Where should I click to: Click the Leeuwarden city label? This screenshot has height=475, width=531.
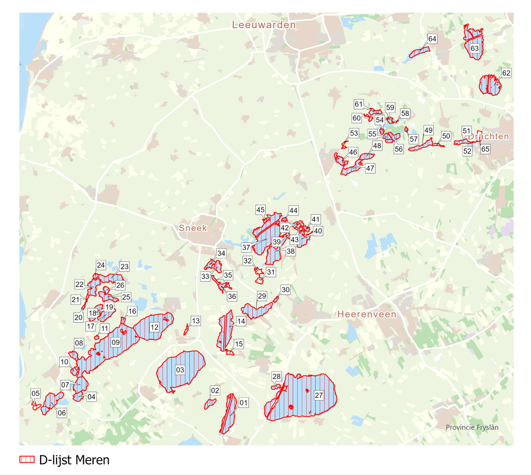[264, 25]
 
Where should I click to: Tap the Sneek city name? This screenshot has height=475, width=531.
[192, 228]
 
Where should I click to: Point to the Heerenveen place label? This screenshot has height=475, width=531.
[367, 314]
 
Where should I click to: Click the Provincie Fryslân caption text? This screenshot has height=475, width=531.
[472, 427]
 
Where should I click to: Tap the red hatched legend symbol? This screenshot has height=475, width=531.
[26, 460]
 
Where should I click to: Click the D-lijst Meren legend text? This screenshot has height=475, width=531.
[74, 460]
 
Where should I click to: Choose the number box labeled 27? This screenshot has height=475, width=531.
[319, 395]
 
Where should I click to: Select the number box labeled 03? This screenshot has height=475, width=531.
[180, 369]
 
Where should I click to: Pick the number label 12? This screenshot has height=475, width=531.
[154, 327]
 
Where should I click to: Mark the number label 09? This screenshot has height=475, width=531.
[115, 342]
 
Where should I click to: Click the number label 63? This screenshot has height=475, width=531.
[474, 48]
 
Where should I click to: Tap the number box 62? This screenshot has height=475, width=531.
[506, 73]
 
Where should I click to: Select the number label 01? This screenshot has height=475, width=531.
[244, 403]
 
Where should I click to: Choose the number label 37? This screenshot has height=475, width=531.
[246, 248]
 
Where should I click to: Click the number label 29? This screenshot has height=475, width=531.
[262, 296]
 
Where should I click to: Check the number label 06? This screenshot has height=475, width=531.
[62, 412]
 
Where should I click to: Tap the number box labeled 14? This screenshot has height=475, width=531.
[241, 322]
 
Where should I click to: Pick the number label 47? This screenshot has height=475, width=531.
[370, 168]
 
